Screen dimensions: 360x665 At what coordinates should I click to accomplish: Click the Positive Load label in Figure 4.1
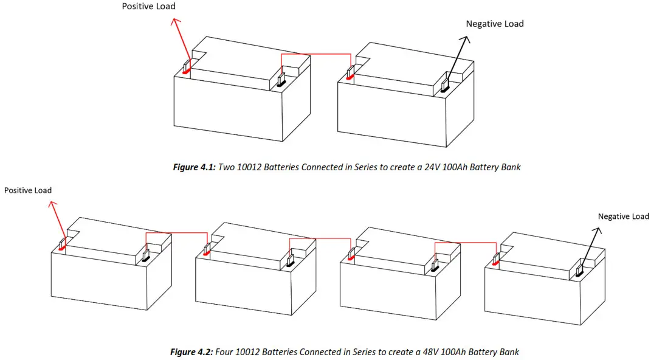tap(148, 6)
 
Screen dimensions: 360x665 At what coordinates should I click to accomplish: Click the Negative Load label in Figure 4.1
tap(494, 24)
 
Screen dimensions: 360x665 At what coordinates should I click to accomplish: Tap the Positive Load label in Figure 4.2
tap(28, 190)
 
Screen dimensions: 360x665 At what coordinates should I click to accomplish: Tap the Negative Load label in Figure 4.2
tap(623, 216)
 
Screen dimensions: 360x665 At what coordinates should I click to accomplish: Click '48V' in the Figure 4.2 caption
tap(438, 351)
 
